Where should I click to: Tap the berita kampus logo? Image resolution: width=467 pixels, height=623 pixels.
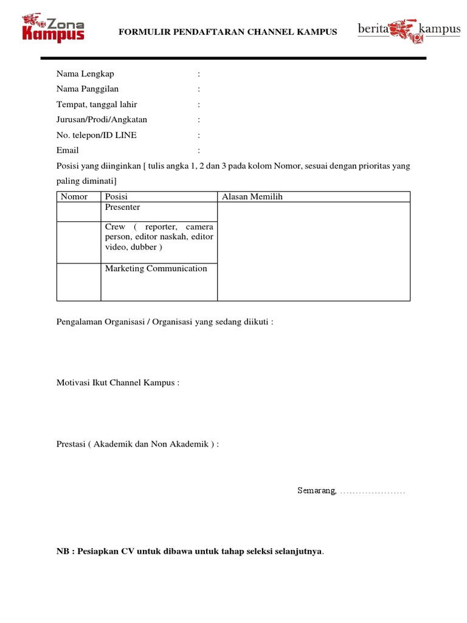pyautogui.click(x=408, y=30)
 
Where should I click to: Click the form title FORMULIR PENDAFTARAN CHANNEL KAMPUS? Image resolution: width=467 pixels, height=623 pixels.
pyautogui.click(x=227, y=31)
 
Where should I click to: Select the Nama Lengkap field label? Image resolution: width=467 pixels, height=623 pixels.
pyautogui.click(x=85, y=74)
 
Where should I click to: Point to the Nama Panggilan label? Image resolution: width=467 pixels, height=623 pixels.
pyautogui.click(x=88, y=89)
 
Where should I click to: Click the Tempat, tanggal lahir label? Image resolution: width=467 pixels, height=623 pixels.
pyautogui.click(x=97, y=104)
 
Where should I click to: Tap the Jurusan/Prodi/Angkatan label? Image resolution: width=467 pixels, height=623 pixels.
pyautogui.click(x=102, y=119)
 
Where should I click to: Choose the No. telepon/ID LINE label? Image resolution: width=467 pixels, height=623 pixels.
pyautogui.click(x=96, y=135)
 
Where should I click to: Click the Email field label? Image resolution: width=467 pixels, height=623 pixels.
pyautogui.click(x=67, y=150)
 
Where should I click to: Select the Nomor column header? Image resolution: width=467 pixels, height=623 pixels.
pyautogui.click(x=74, y=197)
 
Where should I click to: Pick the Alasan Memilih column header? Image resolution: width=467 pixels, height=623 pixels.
pyautogui.click(x=252, y=197)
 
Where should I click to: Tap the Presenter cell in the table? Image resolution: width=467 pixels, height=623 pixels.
pyautogui.click(x=122, y=207)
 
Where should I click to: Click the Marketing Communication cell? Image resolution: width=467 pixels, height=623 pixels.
pyautogui.click(x=156, y=268)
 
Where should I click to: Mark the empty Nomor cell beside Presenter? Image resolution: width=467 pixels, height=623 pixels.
pyautogui.click(x=78, y=211)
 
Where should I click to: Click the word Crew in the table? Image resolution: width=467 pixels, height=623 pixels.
pyautogui.click(x=115, y=226)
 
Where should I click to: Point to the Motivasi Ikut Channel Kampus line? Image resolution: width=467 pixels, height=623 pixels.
pyautogui.click(x=118, y=383)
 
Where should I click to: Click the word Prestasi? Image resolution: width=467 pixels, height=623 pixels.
pyautogui.click(x=71, y=444)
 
